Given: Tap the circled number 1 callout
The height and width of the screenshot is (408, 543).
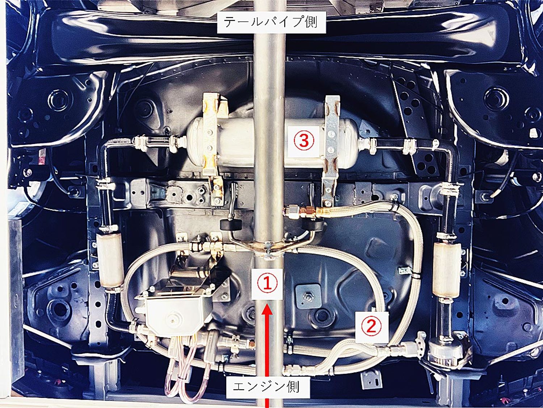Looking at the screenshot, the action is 267,284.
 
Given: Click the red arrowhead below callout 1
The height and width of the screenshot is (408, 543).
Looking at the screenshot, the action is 267,309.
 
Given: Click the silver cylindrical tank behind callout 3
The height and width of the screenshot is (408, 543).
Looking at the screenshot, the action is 272,143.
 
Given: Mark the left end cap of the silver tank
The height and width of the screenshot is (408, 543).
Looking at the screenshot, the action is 195,143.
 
